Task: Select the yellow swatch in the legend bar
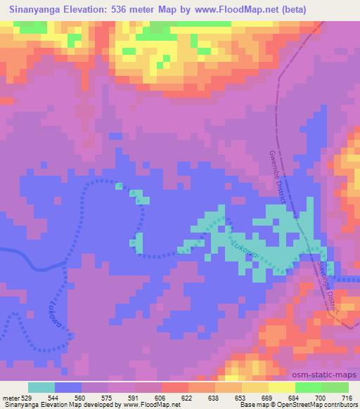click(x=281, y=387)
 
